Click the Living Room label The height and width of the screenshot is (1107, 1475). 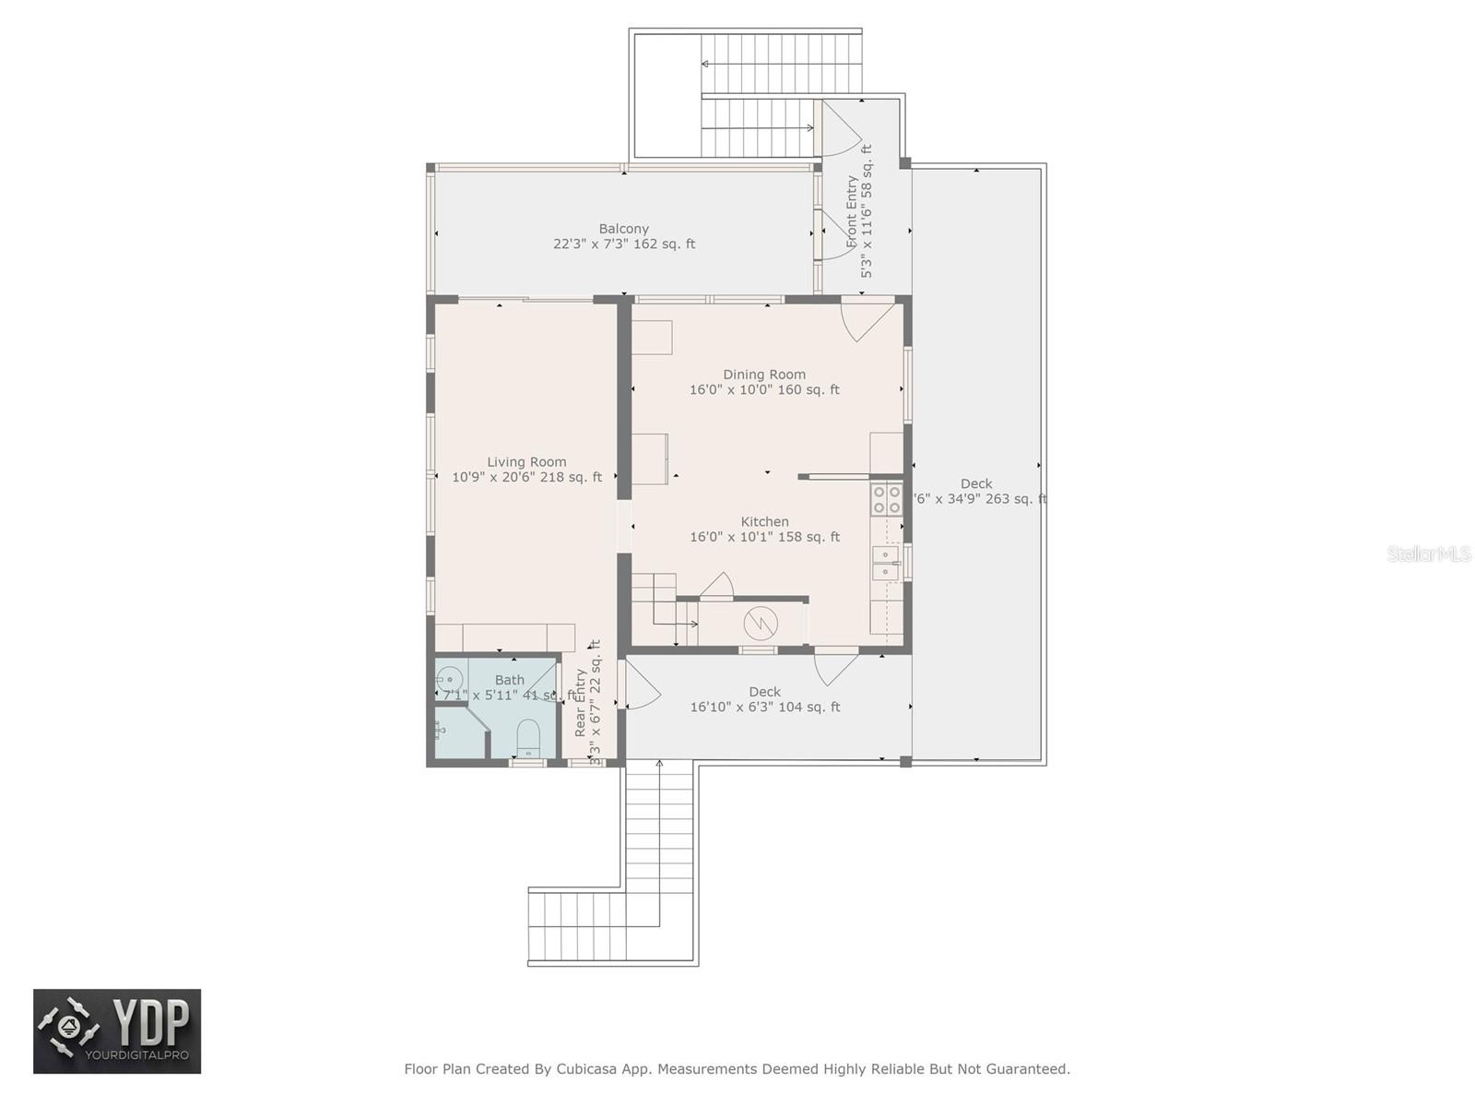tap(526, 462)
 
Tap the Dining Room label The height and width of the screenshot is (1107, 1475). tap(764, 375)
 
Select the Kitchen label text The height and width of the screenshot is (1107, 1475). tap(764, 522)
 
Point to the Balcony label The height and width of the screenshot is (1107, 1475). tap(624, 229)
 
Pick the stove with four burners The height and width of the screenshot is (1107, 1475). tap(887, 500)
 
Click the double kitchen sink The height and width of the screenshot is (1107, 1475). tap(885, 563)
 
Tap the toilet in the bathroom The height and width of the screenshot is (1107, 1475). tap(527, 738)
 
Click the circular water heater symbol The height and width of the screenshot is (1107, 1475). tap(761, 624)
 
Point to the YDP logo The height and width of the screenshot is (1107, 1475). tap(117, 1031)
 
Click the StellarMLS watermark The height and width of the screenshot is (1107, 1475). tap(1428, 554)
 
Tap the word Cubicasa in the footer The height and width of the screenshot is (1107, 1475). tap(588, 1069)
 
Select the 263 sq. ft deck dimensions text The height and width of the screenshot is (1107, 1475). tap(979, 499)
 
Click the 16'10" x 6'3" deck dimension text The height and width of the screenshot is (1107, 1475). tap(764, 708)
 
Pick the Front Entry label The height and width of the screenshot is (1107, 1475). tap(852, 212)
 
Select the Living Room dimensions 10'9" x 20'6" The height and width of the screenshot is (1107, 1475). tap(526, 478)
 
